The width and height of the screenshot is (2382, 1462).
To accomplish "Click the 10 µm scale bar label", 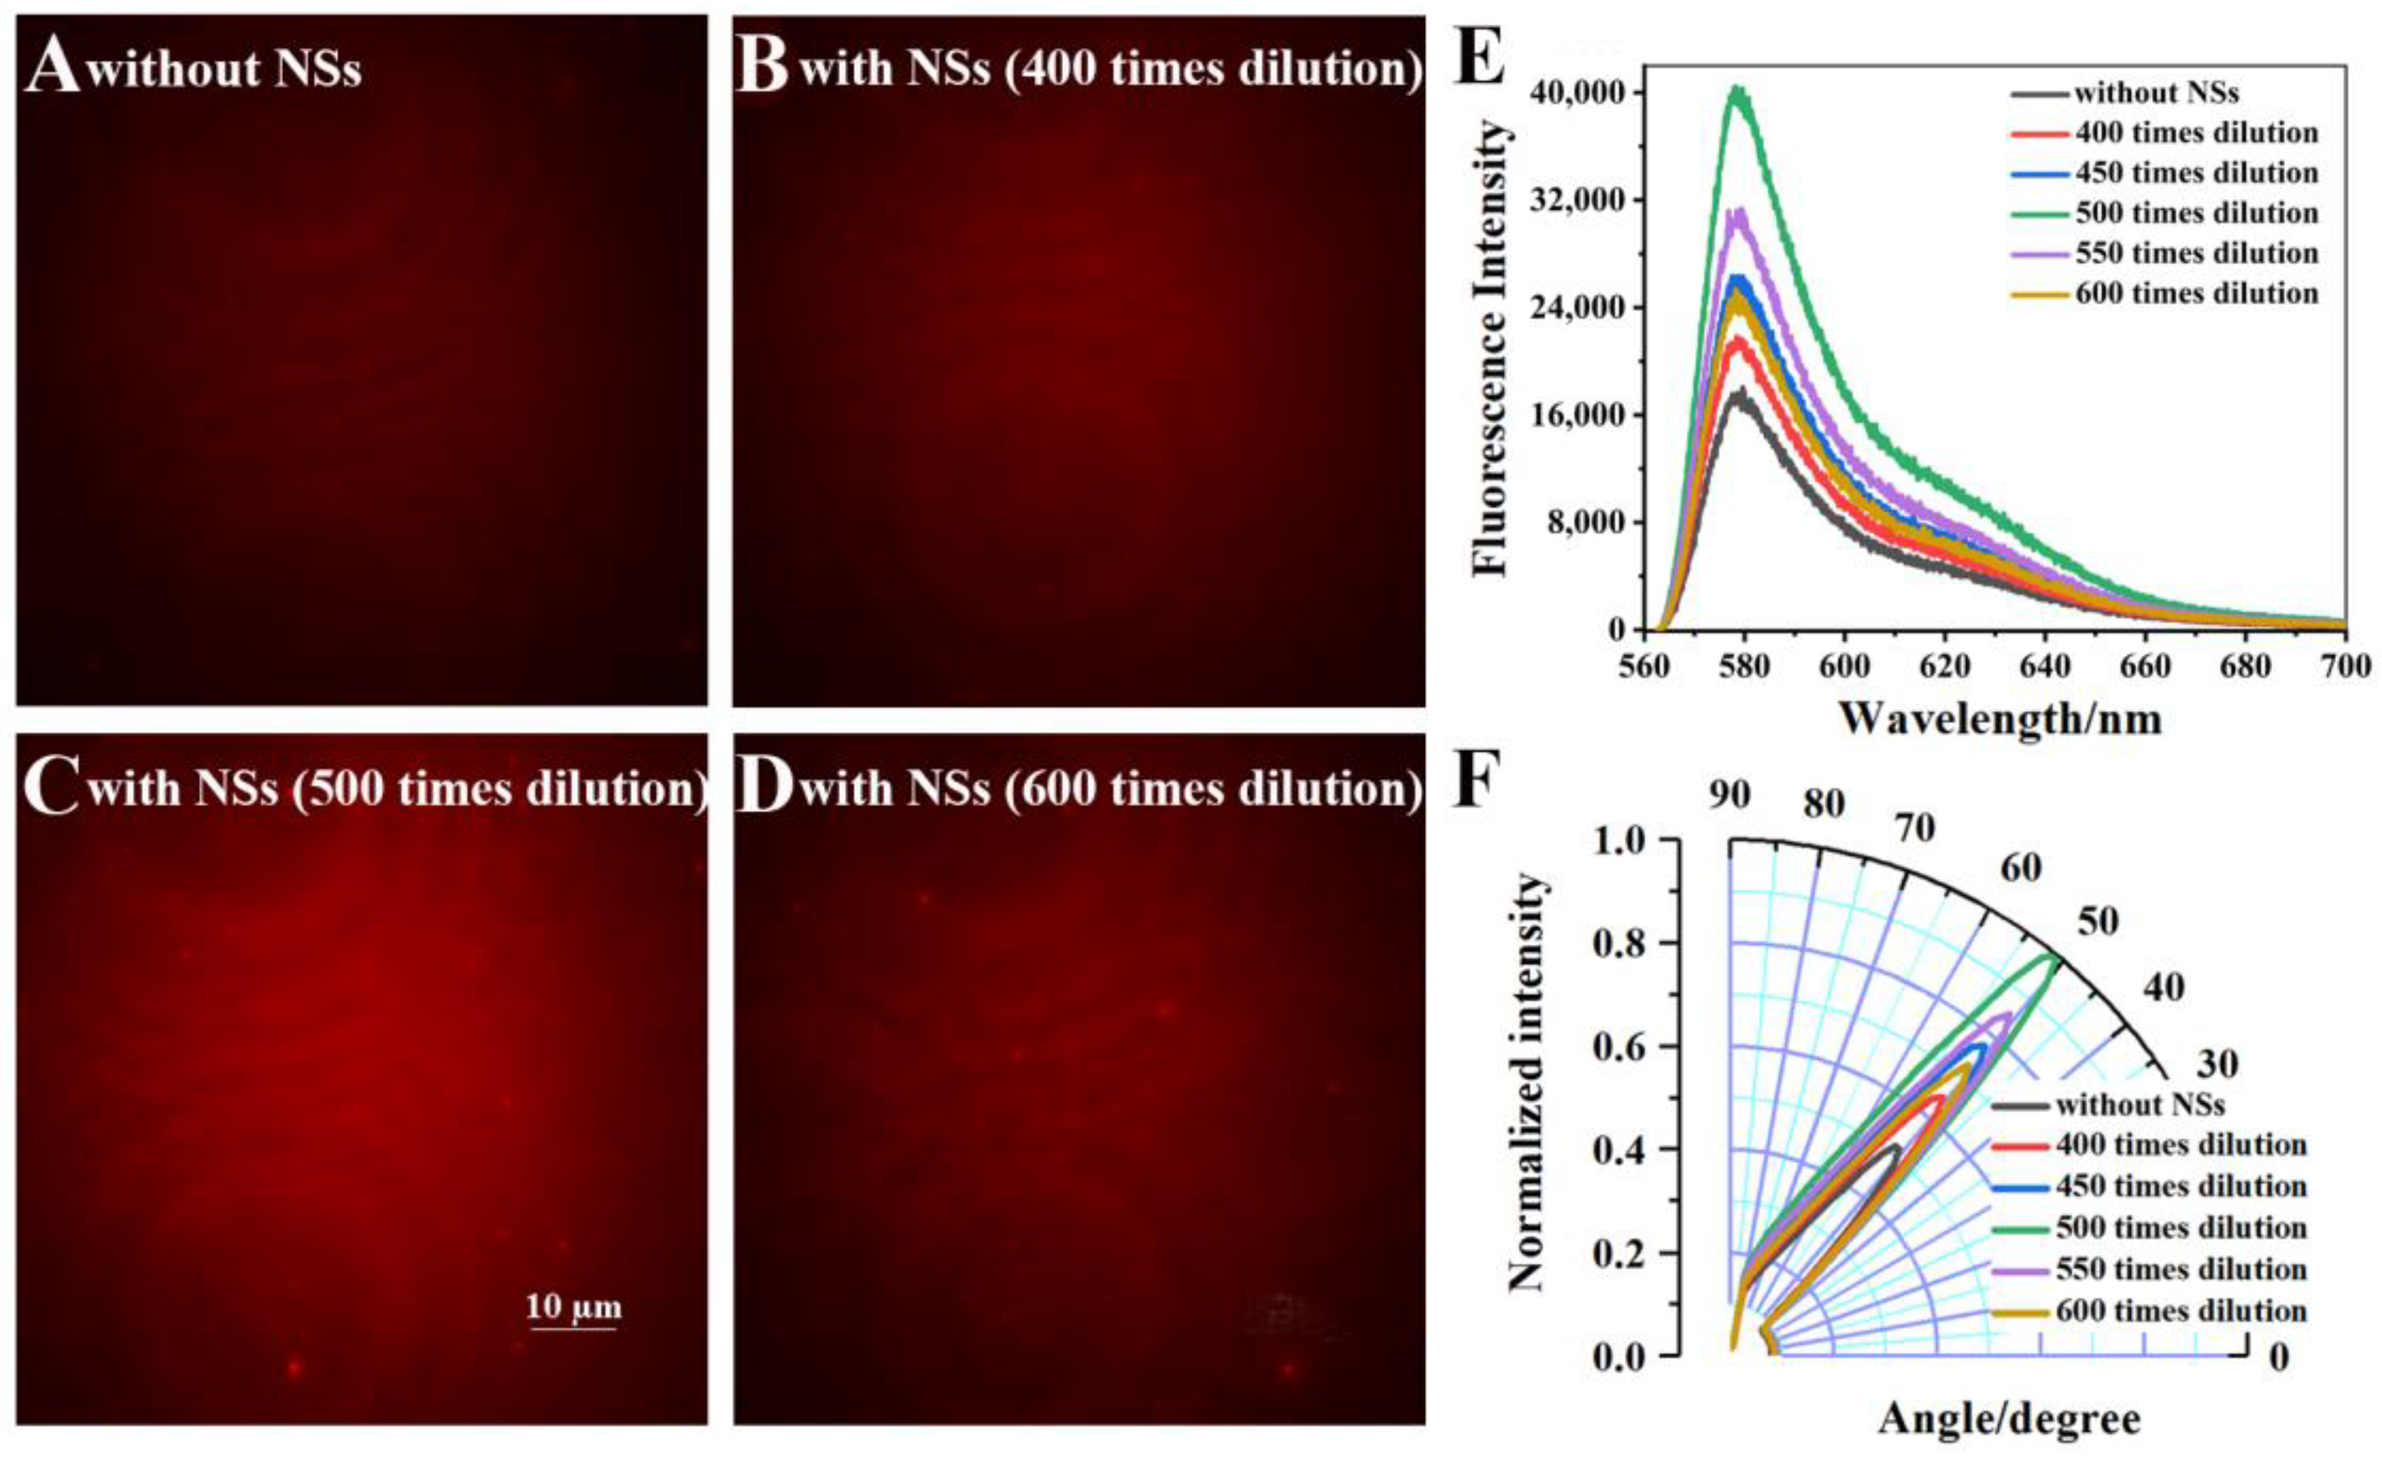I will pyautogui.click(x=573, y=1308).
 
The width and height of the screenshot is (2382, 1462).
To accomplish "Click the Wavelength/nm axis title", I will pyautogui.click(x=1999, y=720).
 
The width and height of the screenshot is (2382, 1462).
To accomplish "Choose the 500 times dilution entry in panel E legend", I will pyautogui.click(x=2196, y=213).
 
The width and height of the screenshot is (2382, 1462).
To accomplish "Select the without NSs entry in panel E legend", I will pyautogui.click(x=2156, y=93).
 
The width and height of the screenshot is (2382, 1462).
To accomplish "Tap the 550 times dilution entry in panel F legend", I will pyautogui.click(x=2181, y=1269).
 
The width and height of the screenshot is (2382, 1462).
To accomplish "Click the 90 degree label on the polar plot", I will pyautogui.click(x=1729, y=795).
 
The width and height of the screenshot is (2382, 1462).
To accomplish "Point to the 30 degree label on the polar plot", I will pyautogui.click(x=2217, y=1064).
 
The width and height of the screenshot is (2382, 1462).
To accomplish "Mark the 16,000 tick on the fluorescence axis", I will pyautogui.click(x=1580, y=415).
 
